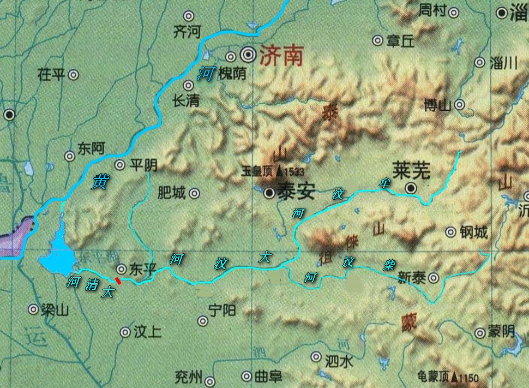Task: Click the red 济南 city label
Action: coord(281,55)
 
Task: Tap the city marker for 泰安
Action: coord(269,193)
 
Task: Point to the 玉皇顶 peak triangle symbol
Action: coord(280,171)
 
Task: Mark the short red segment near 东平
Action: coord(118,280)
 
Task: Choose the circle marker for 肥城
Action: coord(194,193)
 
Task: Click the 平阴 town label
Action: coord(144,165)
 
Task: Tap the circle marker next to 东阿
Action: coord(70,157)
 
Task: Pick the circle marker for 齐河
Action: coord(189,15)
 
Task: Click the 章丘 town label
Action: coord(401,40)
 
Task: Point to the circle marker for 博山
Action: coord(460,104)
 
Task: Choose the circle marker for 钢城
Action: coord(450,232)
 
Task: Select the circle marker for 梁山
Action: coord(34,309)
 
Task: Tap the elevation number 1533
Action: coord(294,171)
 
